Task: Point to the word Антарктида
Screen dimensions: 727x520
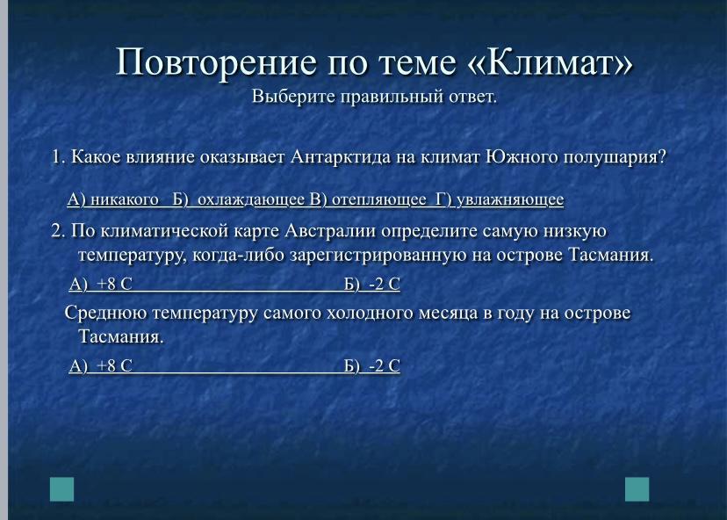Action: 341,157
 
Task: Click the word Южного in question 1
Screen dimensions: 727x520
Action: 522,157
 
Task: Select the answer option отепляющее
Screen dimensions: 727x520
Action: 378,200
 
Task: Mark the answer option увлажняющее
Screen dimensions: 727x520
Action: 510,200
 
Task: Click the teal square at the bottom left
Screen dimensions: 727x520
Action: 61,489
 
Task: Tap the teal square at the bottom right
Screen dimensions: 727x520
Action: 637,489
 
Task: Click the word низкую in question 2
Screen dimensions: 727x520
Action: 575,231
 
